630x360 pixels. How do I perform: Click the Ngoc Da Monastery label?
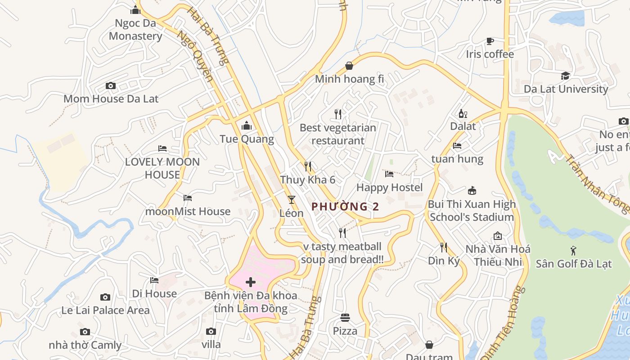click(x=135, y=30)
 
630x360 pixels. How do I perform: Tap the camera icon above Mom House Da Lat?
click(x=110, y=85)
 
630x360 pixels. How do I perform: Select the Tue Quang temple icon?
click(x=246, y=126)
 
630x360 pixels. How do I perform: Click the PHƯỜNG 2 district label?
click(x=346, y=207)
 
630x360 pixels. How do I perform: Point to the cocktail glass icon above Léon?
click(x=292, y=199)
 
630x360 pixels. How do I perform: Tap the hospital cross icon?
click(x=251, y=282)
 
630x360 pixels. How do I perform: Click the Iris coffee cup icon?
click(x=490, y=41)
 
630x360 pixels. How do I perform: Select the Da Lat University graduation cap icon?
click(x=566, y=76)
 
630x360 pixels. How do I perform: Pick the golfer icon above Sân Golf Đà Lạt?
click(x=573, y=250)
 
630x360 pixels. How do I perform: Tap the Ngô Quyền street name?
click(x=195, y=56)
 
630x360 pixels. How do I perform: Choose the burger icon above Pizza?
click(x=345, y=318)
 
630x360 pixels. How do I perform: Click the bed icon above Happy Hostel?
click(x=389, y=174)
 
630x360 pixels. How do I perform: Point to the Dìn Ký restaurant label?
click(x=444, y=261)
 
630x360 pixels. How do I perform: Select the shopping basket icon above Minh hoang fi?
click(x=349, y=66)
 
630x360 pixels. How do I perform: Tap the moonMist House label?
click(x=188, y=211)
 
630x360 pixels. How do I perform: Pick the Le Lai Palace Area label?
click(x=105, y=310)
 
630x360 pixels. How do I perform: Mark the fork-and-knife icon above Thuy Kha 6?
click(x=308, y=166)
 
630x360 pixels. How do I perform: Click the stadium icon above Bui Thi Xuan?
click(x=472, y=191)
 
